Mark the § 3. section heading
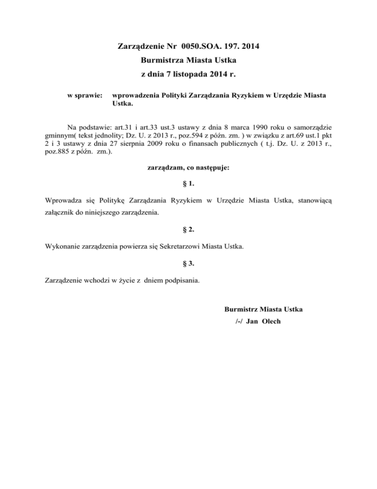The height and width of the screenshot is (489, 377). coord(188,263)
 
